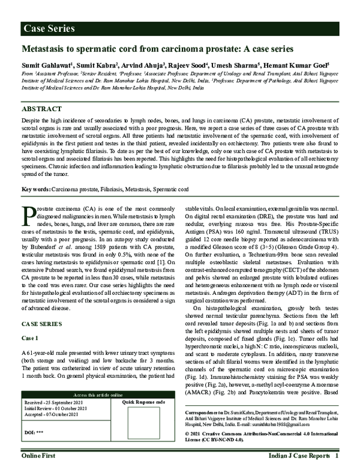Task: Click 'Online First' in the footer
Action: coord(40,457)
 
